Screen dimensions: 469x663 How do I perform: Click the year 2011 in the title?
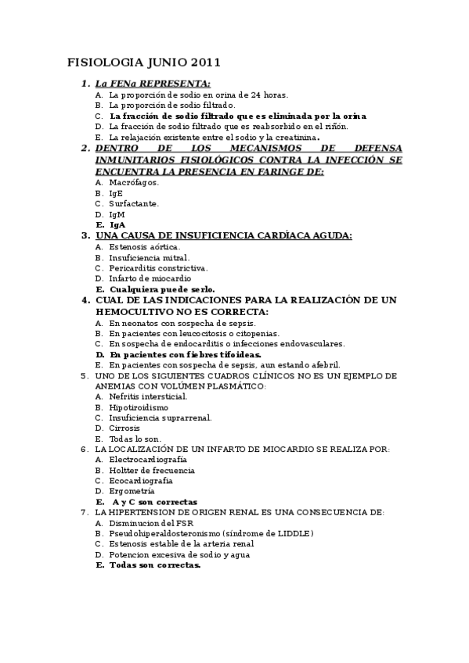tap(204, 62)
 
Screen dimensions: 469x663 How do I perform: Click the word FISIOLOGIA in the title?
tap(99, 62)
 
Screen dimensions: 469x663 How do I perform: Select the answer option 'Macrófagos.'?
tap(134, 182)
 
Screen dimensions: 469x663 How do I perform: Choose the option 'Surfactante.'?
tap(134, 203)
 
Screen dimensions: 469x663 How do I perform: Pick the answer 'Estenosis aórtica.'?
tap(144, 246)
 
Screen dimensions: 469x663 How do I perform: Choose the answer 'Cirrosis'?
tap(125, 428)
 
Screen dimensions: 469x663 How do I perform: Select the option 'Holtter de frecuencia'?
tap(152, 471)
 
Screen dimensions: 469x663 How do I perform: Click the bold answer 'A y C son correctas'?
tap(154, 502)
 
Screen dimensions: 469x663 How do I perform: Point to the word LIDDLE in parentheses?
tap(294, 533)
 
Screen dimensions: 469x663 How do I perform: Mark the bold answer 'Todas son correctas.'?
tap(155, 565)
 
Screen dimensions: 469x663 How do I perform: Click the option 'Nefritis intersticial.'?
tap(148, 396)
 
